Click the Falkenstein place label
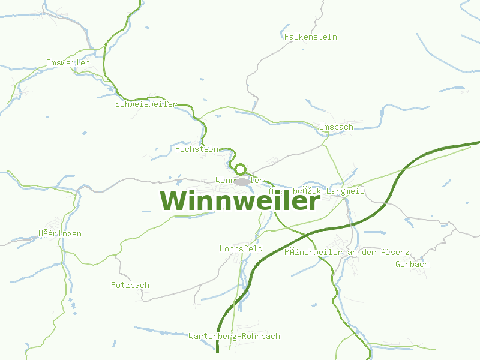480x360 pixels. pyautogui.click(x=311, y=37)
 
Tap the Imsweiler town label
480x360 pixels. pyautogui.click(x=68, y=63)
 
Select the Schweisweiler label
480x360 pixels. pyautogui.click(x=146, y=104)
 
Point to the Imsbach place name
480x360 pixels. pyautogui.click(x=337, y=127)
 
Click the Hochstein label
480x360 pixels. pyautogui.click(x=197, y=149)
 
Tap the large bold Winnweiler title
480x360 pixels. pyautogui.click(x=240, y=201)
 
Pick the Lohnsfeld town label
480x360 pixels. pyautogui.click(x=241, y=248)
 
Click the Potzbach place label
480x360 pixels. pyautogui.click(x=130, y=286)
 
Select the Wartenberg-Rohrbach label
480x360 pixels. pyautogui.click(x=234, y=337)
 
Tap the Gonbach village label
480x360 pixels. pyautogui.click(x=412, y=265)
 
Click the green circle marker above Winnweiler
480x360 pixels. pyautogui.click(x=241, y=169)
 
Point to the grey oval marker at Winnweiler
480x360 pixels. pyautogui.click(x=242, y=181)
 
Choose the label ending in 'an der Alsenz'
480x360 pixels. pyautogui.click(x=347, y=253)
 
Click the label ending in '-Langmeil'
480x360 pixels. pyautogui.click(x=316, y=191)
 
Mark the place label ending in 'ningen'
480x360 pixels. pyautogui.click(x=60, y=234)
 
